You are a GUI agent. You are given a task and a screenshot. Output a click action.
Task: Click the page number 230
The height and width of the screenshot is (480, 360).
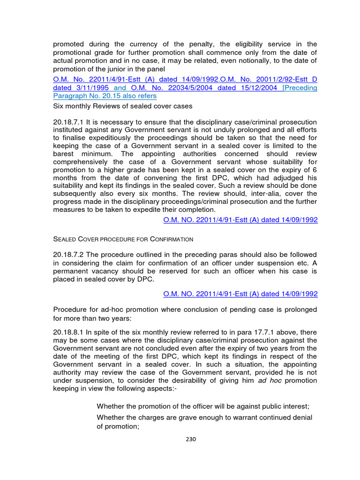(x=191, y=439)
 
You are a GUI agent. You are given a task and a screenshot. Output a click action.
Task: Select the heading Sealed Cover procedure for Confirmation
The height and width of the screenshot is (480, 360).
(x=123, y=239)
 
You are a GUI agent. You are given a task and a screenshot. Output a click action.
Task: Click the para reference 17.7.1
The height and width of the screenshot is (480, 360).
(x=232, y=332)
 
